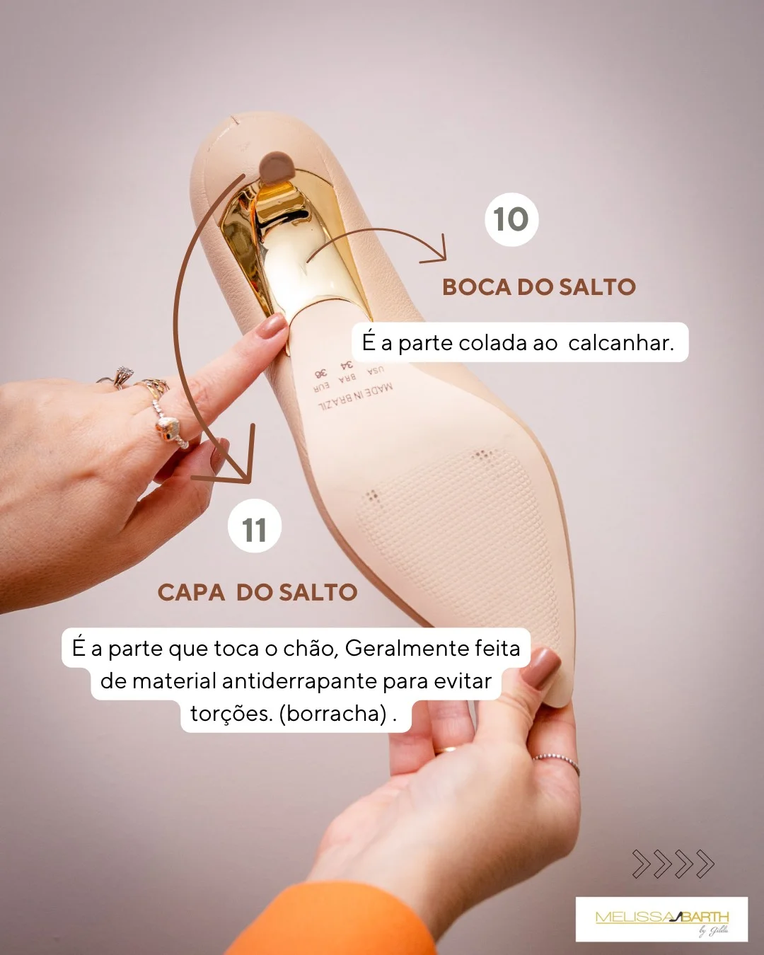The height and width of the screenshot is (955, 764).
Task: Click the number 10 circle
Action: pyautogui.click(x=511, y=219)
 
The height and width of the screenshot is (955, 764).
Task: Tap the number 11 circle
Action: pyautogui.click(x=254, y=528)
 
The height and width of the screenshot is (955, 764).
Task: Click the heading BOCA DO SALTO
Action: pyautogui.click(x=539, y=287)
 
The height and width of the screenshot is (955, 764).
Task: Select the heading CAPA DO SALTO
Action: pyautogui.click(x=257, y=593)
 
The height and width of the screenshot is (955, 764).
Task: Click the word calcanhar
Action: pyautogui.click(x=620, y=343)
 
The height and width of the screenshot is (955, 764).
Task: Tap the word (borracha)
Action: pyautogui.click(x=334, y=714)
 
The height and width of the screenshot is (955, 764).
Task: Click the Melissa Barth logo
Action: pyautogui.click(x=661, y=919)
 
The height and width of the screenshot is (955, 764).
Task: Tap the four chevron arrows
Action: pyautogui.click(x=673, y=864)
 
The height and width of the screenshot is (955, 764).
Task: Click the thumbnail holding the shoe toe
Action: pyautogui.click(x=541, y=668)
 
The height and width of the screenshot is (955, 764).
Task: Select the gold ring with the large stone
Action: pyautogui.click(x=168, y=429)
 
